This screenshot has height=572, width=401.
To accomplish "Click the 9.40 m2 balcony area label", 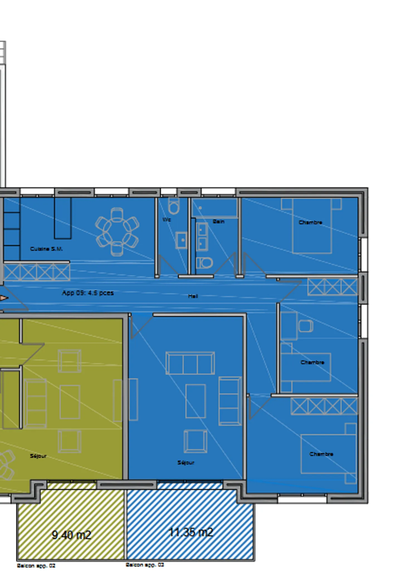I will point(71,535).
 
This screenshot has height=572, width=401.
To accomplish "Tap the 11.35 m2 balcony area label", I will point(191,532).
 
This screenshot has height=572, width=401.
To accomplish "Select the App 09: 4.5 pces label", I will point(88,293).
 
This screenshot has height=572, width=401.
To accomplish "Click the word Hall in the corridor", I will point(193,296).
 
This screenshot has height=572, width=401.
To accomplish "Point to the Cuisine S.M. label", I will point(46,249).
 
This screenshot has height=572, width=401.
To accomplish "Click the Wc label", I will point(167,220).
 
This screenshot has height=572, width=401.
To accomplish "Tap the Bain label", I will point(218,222).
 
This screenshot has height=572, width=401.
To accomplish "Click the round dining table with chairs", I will point(117,232).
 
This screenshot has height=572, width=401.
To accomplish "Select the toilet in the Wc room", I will point(174,206).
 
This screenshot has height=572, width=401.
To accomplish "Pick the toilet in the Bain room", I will point(204,263).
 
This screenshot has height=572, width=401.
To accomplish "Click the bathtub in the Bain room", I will point(214,208).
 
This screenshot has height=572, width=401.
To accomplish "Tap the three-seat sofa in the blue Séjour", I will point(190,363).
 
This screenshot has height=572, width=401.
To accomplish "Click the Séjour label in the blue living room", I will point(186,463).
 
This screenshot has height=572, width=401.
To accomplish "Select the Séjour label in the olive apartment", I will point(38,456).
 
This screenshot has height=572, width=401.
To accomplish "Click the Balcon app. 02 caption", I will point(36,566).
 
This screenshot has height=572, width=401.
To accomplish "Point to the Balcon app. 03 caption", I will point(145,565).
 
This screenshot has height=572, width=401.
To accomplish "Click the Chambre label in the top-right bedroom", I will point(310,222).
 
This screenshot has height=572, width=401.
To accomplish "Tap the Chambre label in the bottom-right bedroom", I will point(321,454).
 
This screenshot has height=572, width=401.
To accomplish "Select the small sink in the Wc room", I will point(182,240).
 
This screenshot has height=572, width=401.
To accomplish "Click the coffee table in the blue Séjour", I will point(195,401).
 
